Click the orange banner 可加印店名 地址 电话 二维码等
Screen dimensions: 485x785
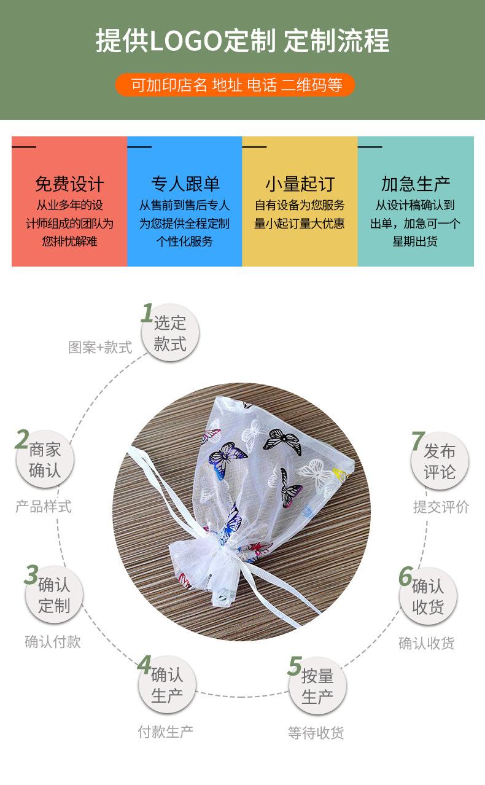tap(236, 85)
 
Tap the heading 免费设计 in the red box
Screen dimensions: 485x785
tap(69, 184)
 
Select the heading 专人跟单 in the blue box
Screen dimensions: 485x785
tap(185, 184)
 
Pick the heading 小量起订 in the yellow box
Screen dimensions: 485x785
tap(300, 184)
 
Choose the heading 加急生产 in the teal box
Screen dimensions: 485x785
tap(416, 184)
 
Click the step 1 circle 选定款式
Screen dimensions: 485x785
tap(170, 334)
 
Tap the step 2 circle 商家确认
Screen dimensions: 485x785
tap(45, 461)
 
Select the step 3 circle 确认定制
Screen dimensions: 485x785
tap(54, 595)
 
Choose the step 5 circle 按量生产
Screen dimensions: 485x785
tap(317, 686)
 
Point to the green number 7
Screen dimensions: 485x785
tap(417, 441)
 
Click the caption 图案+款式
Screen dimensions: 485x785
tap(100, 348)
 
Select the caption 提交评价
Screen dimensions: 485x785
tap(441, 507)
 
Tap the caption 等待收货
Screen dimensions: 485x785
tap(316, 733)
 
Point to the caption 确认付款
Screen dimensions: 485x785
tap(53, 642)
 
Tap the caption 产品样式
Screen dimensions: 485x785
tap(44, 507)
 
